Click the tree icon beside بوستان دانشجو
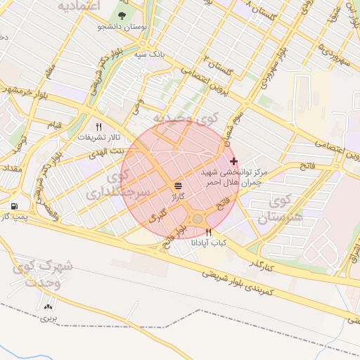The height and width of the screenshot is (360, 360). (x=124, y=15)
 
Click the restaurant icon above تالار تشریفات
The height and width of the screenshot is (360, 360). (x=99, y=127)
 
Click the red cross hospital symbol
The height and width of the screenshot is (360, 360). (x=234, y=161)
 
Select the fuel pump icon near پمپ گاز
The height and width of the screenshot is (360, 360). (x=15, y=206)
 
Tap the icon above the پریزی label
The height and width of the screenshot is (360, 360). (x=49, y=307)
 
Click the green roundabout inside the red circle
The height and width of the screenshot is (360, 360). (x=198, y=219)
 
